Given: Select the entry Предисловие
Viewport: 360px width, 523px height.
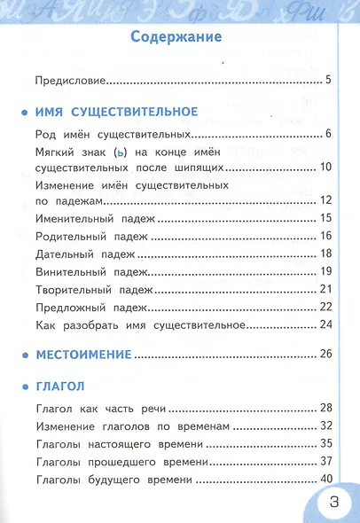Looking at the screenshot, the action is (70, 81).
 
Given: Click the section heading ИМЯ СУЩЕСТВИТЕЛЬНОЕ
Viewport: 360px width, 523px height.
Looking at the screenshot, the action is (116, 112).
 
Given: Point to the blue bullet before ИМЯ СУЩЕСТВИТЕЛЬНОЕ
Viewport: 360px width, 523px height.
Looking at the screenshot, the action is (24, 113).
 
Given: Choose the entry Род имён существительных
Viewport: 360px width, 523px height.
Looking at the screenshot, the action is (113, 135).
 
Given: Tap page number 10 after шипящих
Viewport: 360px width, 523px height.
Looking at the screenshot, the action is (325, 168).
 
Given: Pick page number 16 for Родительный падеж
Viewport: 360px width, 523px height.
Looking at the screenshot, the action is (325, 236).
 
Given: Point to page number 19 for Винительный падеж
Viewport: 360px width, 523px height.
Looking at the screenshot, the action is (325, 271).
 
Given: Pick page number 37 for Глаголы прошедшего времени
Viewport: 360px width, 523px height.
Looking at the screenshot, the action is (325, 462).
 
